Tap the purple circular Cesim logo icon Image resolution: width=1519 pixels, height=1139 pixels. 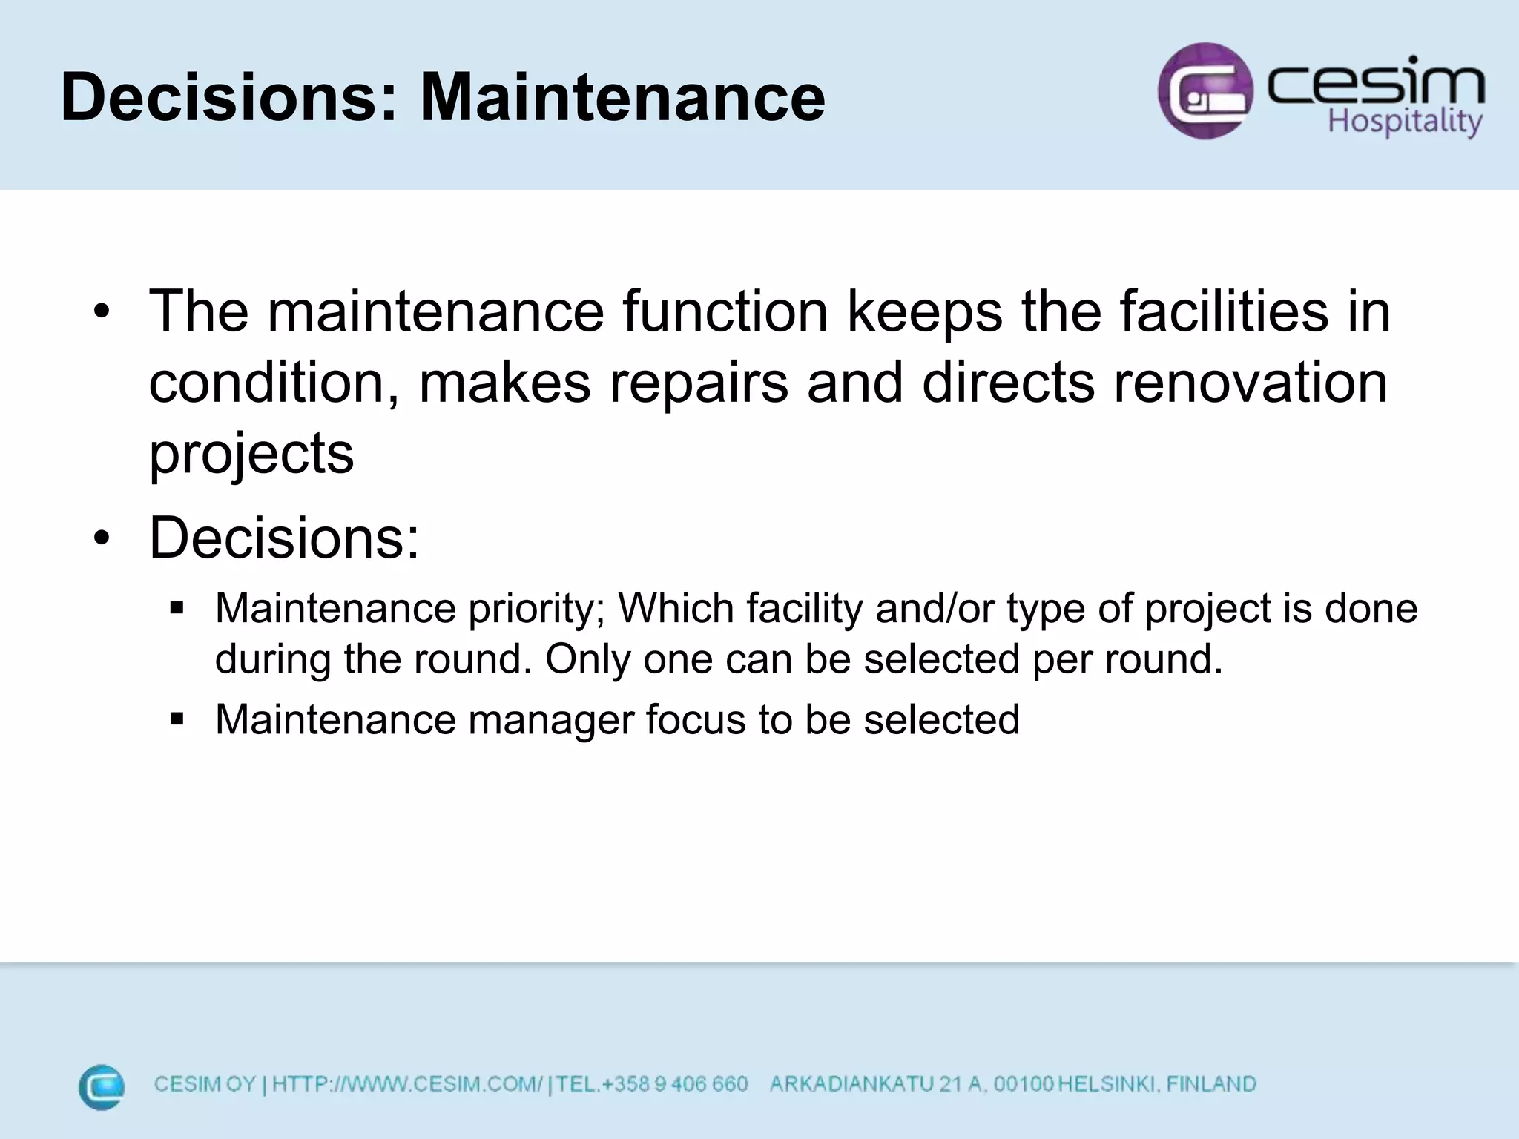click(1205, 90)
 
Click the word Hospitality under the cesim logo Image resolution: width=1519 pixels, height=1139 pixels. click(1404, 121)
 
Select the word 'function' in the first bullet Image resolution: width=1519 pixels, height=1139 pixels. click(725, 311)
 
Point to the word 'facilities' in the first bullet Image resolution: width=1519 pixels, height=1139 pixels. click(1224, 311)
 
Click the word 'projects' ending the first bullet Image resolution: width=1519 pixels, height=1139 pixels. click(251, 454)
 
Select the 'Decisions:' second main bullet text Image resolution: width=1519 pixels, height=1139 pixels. click(284, 537)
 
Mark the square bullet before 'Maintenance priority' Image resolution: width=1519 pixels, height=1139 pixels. click(177, 609)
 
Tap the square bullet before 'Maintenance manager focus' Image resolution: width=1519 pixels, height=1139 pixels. click(177, 719)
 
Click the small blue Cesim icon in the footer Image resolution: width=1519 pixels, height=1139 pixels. click(102, 1087)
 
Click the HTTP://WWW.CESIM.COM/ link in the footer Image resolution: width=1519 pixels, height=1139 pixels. click(407, 1084)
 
